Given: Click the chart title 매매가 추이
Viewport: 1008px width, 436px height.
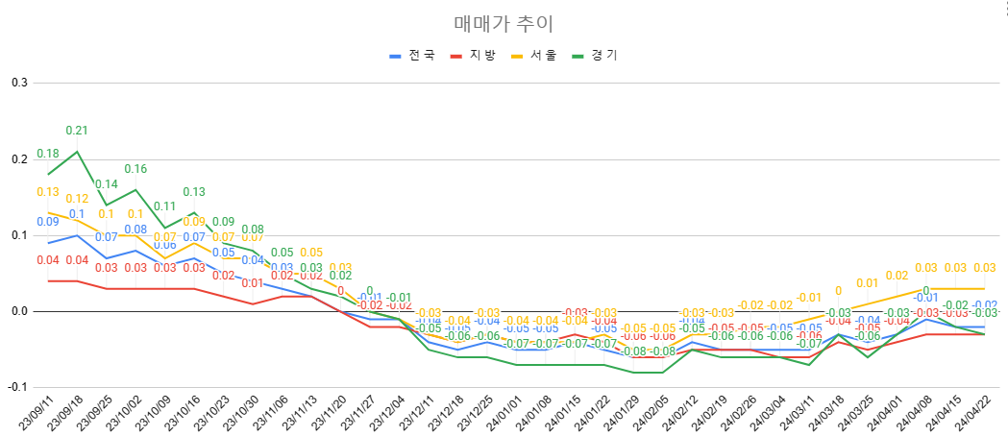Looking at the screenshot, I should (504, 23).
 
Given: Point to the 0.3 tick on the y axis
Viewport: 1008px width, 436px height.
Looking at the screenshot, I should (19, 83).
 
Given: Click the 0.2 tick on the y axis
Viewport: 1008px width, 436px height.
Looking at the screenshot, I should (19, 158).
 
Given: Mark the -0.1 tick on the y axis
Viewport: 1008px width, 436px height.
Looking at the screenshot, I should (17, 387).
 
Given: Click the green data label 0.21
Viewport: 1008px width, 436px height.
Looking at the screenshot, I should (77, 131).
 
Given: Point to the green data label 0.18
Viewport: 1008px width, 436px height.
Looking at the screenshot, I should (48, 154).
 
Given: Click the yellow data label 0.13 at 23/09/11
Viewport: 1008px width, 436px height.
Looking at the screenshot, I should (48, 192).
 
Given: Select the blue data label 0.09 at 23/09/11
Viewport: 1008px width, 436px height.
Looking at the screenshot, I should (48, 222).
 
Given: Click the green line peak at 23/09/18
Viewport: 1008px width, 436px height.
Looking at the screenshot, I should (77, 151).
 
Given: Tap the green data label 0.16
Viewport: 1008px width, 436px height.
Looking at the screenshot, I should (135, 169).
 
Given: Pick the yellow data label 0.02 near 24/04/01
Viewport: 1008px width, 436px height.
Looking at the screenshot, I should (896, 276).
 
